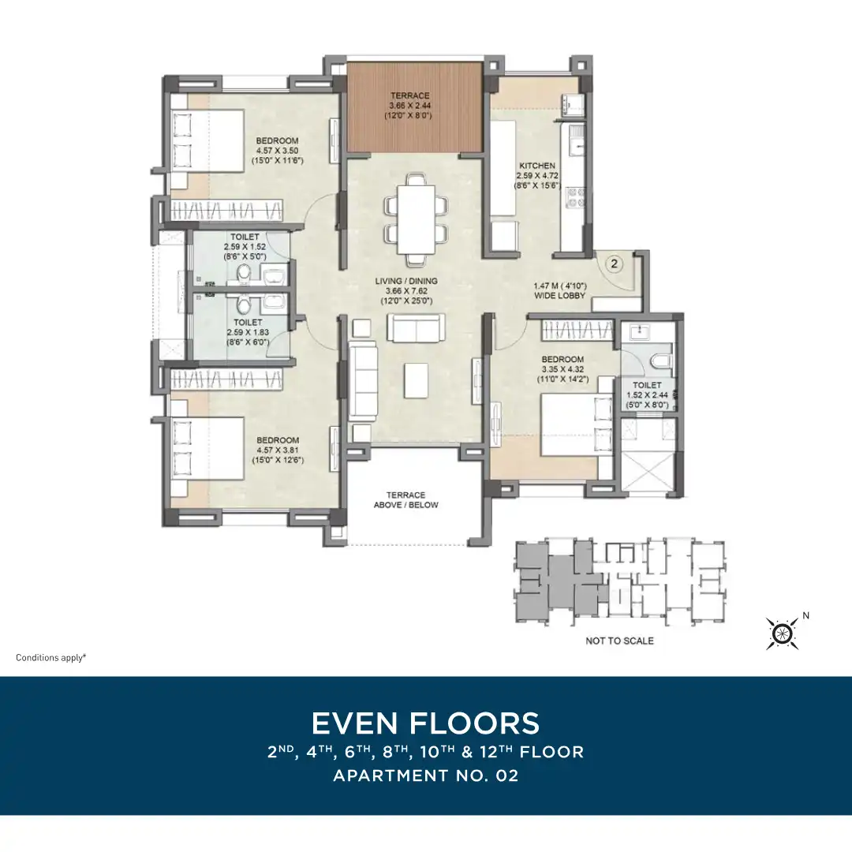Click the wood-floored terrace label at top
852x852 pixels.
[x=409, y=95]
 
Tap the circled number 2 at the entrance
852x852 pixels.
[x=615, y=264]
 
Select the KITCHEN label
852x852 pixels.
[x=537, y=166]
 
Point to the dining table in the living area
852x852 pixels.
[x=417, y=219]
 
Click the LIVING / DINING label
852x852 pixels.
[x=406, y=281]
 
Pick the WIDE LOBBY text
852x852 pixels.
[x=559, y=296]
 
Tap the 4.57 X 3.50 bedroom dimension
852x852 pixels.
[x=277, y=151]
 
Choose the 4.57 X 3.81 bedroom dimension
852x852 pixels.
[x=278, y=450]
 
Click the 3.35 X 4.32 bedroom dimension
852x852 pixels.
[x=562, y=369]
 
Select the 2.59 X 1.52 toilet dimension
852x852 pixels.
[x=245, y=247]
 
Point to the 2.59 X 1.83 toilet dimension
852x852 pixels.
[x=248, y=332]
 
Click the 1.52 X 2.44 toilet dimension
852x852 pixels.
[x=647, y=395]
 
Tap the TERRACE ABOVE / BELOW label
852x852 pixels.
[x=406, y=500]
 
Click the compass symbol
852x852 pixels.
[x=782, y=633]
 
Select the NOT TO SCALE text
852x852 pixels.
[x=619, y=641]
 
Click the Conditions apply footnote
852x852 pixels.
[x=51, y=657]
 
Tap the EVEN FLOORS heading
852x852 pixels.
[x=425, y=723]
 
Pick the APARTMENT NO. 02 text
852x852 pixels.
[x=425, y=775]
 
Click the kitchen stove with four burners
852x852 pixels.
[x=575, y=198]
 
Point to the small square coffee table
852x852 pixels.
[x=416, y=379]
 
